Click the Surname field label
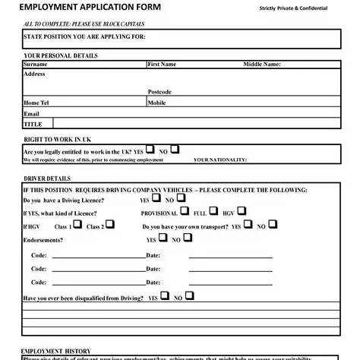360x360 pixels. coord(36,65)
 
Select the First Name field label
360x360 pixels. coord(162,65)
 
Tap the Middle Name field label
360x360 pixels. coord(262,65)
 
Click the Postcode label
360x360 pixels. coord(159,92)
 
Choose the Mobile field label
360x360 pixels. coord(157,103)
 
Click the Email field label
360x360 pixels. coord(31,113)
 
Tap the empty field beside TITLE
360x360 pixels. coord(197,123)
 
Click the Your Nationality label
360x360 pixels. coord(220,160)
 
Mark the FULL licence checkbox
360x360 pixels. coord(213,211)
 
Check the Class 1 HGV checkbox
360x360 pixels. coord(77,225)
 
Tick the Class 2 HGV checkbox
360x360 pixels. coord(110,225)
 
